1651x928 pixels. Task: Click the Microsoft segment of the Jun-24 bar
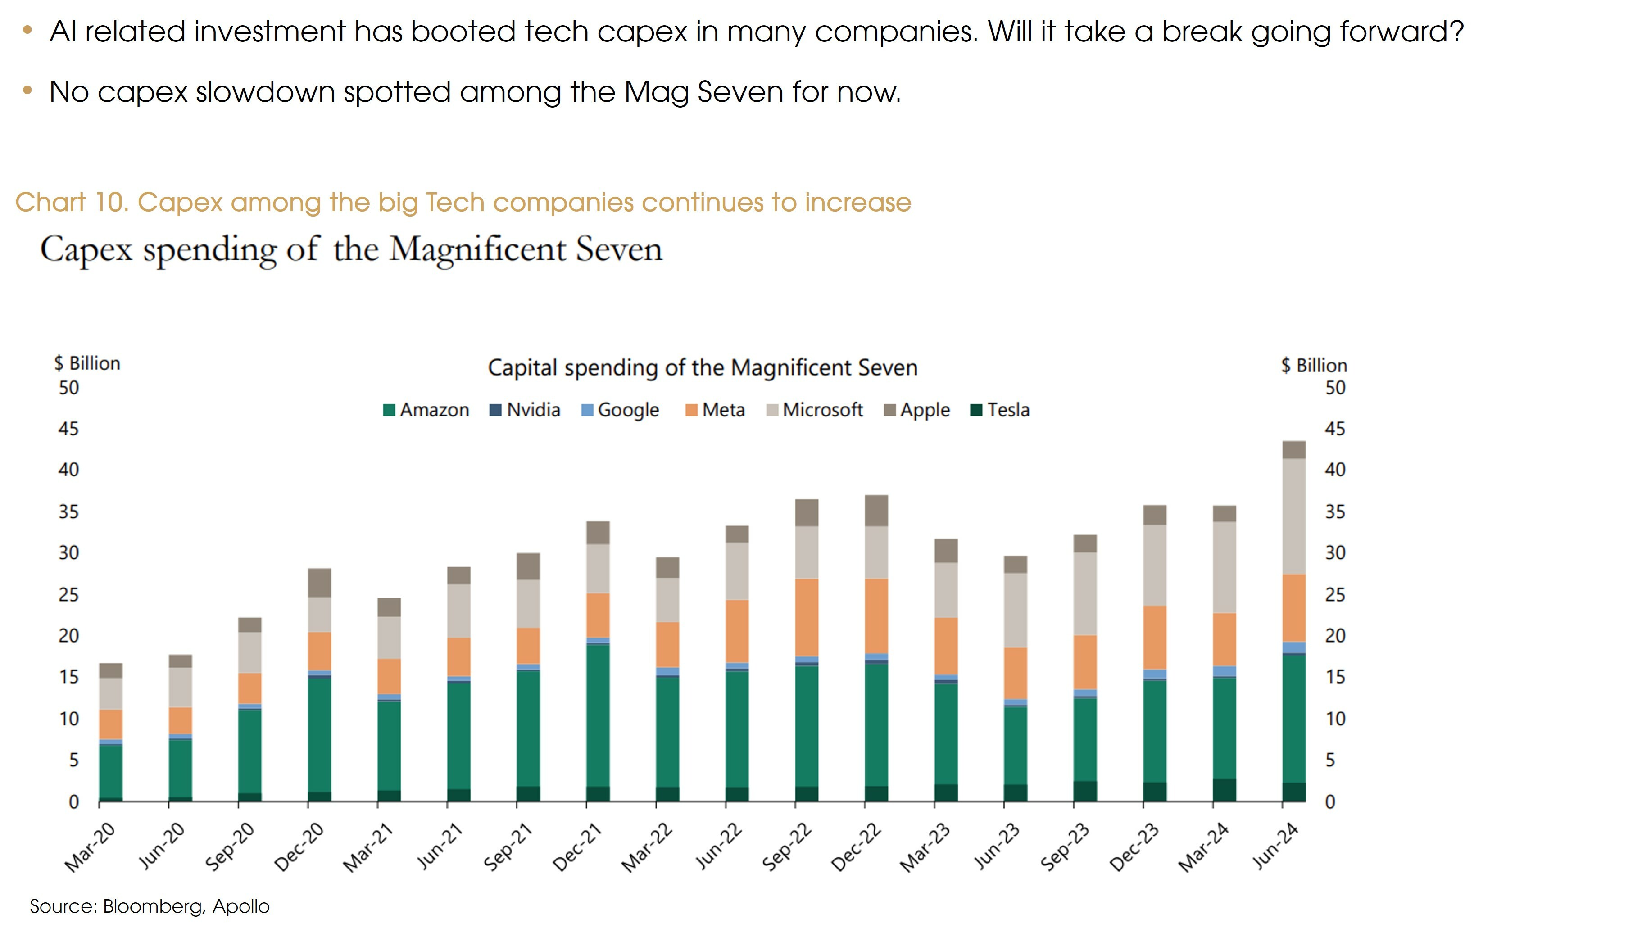[1293, 516]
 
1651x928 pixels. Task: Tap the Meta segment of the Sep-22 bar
[806, 617]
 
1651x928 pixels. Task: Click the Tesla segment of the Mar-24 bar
[1224, 790]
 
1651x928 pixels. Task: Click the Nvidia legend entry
[525, 410]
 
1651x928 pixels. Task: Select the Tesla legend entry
[1001, 410]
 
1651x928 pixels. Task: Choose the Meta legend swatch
[691, 410]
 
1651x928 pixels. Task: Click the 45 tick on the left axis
[68, 429]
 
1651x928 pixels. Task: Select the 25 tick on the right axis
[1335, 595]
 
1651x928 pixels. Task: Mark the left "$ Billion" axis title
[87, 363]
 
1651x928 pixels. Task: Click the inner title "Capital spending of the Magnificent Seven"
[703, 368]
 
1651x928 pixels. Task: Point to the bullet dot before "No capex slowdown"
[27, 91]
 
